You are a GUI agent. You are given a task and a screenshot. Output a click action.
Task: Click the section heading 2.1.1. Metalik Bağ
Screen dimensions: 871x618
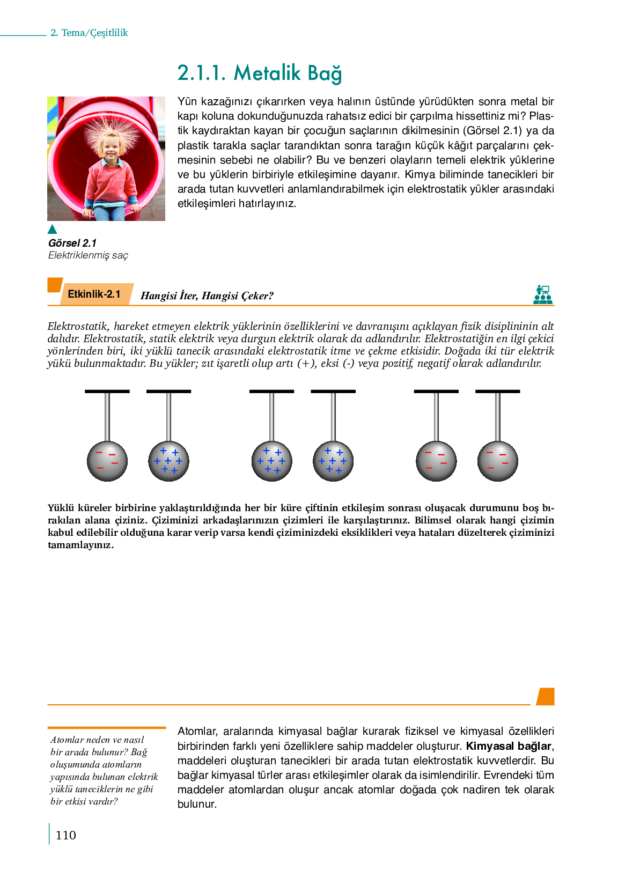coord(260,73)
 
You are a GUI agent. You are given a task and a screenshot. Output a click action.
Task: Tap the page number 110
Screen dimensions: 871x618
coord(65,835)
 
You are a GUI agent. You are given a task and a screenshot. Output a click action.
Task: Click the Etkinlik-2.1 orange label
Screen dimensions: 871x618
coord(94,294)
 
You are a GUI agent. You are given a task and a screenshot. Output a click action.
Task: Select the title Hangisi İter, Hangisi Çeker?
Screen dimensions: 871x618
coord(207,296)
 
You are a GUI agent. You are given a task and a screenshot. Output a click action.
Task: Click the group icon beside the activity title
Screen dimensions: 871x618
coord(543,295)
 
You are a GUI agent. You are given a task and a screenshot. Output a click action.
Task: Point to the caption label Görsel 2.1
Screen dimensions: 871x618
coord(72,243)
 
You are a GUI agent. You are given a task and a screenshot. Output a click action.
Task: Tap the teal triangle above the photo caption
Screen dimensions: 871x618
coord(52,230)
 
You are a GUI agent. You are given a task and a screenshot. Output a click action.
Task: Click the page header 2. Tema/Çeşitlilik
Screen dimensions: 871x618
coord(89,33)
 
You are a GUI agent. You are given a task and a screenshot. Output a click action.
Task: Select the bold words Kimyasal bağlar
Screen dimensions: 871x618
coord(509,746)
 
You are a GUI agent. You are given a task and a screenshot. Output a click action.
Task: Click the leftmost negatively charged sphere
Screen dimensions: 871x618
coord(107,461)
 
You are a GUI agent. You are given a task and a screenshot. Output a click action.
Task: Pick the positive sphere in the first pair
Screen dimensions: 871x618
coord(168,461)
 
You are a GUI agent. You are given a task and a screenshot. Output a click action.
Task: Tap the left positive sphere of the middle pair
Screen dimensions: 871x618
coord(271,461)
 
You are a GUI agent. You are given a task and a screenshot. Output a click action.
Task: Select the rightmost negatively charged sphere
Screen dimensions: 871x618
coord(498,461)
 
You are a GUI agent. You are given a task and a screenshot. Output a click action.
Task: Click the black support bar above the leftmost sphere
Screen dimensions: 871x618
coord(107,392)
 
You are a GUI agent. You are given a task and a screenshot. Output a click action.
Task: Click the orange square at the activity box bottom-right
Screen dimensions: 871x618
coord(546,696)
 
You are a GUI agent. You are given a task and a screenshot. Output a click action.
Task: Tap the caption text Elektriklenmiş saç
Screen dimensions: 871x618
coord(89,255)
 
